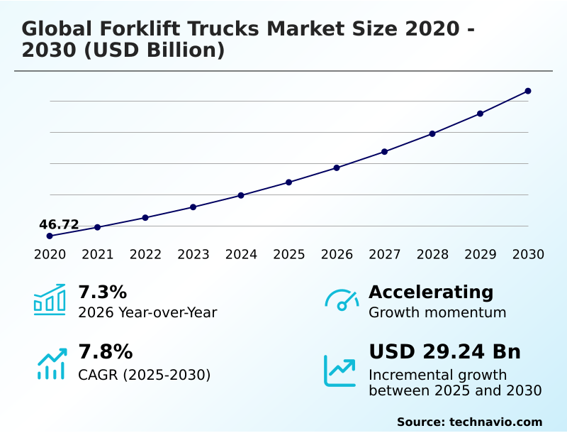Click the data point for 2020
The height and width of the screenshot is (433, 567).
50,236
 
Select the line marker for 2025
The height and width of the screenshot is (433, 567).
288,182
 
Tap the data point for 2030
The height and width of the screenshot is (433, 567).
528,91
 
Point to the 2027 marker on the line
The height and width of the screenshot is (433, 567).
384,151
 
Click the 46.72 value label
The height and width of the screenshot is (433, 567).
59,224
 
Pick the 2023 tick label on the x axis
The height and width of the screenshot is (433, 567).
193,255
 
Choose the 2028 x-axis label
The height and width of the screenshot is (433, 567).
432,255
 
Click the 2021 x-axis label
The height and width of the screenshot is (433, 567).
97,255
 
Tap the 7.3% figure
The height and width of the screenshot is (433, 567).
102,292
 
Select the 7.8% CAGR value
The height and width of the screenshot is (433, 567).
105,352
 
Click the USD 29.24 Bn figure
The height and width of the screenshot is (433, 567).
444,352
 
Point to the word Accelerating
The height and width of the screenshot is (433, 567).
431,292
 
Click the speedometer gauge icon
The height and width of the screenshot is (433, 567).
342,300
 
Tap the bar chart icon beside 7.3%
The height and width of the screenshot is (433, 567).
50,300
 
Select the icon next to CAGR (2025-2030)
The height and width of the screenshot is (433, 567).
52,363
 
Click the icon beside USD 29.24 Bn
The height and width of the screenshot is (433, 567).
340,371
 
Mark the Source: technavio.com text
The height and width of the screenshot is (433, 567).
469,422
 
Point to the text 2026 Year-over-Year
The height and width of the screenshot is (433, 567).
147,312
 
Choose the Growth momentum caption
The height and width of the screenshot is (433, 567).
437,312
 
